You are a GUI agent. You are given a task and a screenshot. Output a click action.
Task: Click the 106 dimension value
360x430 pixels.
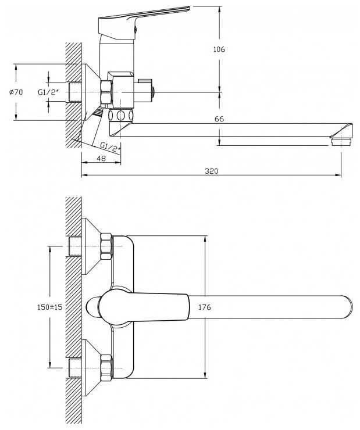click(219, 49)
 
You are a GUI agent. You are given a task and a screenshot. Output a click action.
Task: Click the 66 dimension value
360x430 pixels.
click(219, 119)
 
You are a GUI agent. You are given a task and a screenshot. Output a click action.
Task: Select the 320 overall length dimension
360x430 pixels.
click(211, 171)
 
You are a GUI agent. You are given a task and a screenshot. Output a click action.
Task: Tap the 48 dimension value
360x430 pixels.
click(101, 159)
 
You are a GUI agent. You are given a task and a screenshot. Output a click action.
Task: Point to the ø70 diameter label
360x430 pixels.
click(16, 92)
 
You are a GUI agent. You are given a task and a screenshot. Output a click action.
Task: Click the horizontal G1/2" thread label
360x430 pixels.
click(49, 92)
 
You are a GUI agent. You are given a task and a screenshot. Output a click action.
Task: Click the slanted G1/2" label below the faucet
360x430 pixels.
click(111, 146)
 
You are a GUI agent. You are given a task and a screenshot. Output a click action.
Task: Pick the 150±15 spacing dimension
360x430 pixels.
click(49, 307)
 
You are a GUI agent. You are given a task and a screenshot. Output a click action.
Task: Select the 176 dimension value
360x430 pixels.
click(205, 307)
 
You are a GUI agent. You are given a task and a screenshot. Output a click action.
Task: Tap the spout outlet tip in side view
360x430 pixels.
click(341, 142)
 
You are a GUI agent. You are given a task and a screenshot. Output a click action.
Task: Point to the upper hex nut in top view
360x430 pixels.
click(106, 246)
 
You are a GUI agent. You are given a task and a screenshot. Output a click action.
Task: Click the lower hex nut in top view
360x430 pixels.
click(106, 368)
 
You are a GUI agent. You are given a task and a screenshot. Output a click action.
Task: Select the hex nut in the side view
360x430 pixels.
click(106, 92)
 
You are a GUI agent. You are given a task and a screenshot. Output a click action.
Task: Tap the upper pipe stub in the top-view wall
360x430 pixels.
click(75, 246)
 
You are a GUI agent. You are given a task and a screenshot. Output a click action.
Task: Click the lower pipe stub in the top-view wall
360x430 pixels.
click(75, 368)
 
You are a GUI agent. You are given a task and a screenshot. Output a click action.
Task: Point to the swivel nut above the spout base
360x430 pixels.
click(121, 115)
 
